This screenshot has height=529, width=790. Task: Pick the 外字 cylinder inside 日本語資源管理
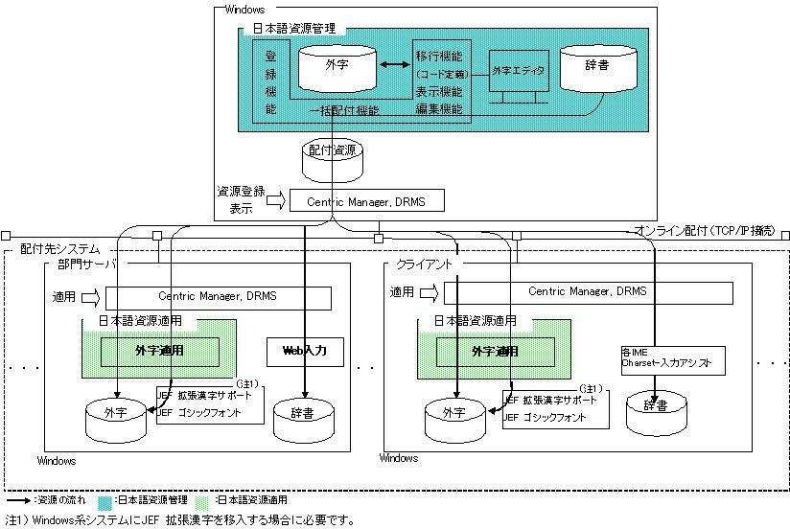(337, 65)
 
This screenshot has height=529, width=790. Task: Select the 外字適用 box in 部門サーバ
(160, 351)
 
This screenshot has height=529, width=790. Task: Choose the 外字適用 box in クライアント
(495, 351)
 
